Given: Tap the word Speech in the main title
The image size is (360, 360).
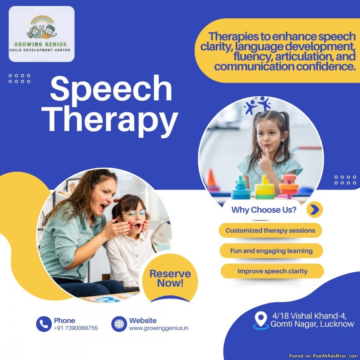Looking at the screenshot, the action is [x=111, y=89].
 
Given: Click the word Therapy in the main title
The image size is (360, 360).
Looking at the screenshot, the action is [x=110, y=121].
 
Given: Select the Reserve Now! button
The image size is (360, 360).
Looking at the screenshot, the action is [x=170, y=278].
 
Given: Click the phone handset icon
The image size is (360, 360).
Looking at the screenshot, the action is [x=44, y=324].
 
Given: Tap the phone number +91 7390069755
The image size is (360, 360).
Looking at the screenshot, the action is [x=76, y=328].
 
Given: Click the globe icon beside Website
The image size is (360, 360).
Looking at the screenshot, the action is [x=119, y=324].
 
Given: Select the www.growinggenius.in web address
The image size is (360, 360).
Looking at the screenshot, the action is [x=159, y=328].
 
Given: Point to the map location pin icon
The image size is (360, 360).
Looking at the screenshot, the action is [x=261, y=320].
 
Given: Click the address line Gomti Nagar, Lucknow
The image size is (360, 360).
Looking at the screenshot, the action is [x=312, y=324].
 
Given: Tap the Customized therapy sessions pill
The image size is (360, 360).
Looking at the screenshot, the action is [x=270, y=230].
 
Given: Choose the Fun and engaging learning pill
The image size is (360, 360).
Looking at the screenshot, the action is [x=271, y=251].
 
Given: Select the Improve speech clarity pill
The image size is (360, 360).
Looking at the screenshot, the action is [x=272, y=271].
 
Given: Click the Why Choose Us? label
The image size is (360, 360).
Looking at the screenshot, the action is [x=264, y=210].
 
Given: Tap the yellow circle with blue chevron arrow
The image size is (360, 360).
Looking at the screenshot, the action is [x=314, y=209].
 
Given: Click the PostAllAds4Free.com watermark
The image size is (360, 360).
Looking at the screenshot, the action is [x=323, y=356].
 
